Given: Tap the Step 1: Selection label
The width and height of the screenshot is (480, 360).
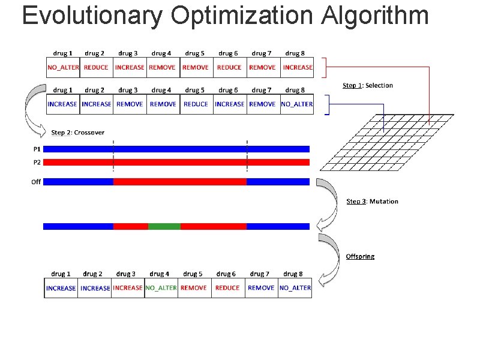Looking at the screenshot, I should [367, 85].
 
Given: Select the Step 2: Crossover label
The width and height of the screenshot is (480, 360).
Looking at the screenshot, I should [78, 132].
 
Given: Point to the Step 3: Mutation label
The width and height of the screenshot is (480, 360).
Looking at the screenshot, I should [372, 201].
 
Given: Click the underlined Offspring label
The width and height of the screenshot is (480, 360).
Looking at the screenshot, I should [360, 256].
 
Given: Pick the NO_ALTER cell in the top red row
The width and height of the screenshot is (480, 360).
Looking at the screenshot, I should [63, 67].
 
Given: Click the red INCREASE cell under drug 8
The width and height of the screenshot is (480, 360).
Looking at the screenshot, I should [298, 67].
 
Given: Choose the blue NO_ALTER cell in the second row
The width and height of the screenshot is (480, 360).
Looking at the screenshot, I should [297, 104].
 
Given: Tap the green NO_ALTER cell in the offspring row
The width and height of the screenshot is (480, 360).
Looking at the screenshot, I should [161, 287].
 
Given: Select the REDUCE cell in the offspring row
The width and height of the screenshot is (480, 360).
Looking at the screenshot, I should [227, 287].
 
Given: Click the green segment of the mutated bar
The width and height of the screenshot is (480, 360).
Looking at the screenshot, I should [164, 226].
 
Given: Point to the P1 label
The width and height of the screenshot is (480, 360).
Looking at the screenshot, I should [36, 148].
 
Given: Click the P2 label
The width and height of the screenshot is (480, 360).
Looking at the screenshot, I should [36, 162].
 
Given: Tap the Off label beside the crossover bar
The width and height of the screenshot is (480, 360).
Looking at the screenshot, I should [36, 181].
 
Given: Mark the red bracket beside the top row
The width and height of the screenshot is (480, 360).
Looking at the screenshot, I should [325, 67].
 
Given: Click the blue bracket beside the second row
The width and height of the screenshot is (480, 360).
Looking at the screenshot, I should [327, 104].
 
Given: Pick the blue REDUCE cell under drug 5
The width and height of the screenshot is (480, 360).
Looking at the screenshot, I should [196, 104].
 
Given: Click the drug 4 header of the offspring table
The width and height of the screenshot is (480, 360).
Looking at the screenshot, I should [160, 274].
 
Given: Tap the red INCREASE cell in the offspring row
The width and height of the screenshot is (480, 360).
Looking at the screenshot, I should [128, 287].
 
